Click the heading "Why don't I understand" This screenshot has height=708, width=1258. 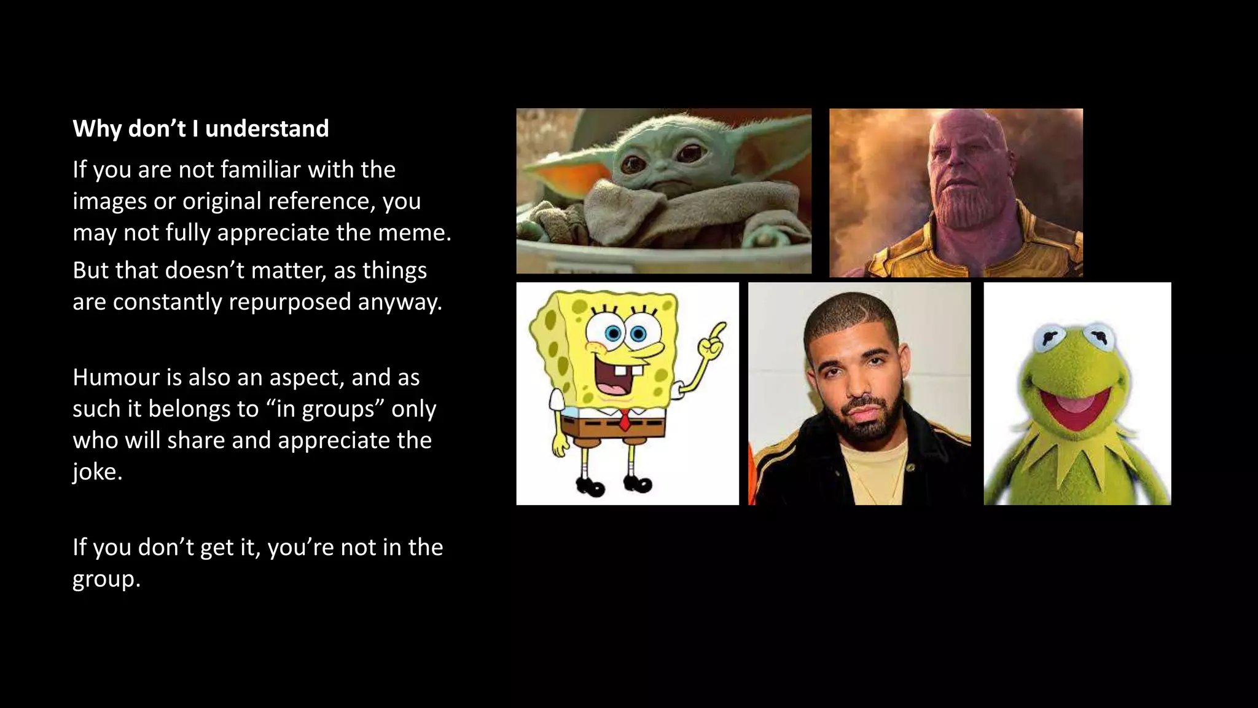coord(201,128)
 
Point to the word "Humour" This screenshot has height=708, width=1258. coord(116,377)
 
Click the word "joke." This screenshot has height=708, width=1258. coord(97,472)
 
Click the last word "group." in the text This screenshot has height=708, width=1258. coord(106,579)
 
